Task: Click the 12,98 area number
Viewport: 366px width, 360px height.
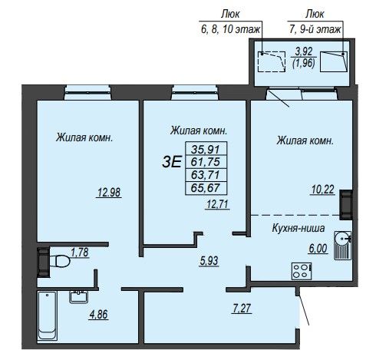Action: [109, 193]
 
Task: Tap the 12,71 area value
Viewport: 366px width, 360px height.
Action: [217, 204]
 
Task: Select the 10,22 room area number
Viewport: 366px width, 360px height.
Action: [323, 190]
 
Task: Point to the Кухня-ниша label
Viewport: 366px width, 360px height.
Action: [298, 228]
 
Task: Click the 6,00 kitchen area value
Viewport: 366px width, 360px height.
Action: [318, 249]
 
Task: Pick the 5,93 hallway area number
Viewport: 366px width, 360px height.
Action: [209, 261]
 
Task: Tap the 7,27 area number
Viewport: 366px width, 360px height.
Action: [242, 308]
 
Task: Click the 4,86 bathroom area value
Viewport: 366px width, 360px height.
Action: [98, 315]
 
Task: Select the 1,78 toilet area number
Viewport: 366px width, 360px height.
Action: [80, 253]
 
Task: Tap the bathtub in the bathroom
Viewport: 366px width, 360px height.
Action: [47, 316]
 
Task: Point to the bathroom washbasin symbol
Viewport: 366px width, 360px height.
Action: [79, 297]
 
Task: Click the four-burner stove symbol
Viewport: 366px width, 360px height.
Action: [302, 271]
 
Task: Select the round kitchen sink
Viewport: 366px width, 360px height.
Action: [342, 239]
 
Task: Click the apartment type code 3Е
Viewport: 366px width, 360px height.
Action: [172, 162]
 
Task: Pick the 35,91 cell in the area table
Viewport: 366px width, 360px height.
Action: [206, 148]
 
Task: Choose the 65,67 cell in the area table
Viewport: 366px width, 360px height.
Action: [206, 188]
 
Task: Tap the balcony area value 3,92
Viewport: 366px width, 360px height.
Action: [304, 51]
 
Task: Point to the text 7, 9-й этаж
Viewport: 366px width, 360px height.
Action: [315, 30]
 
